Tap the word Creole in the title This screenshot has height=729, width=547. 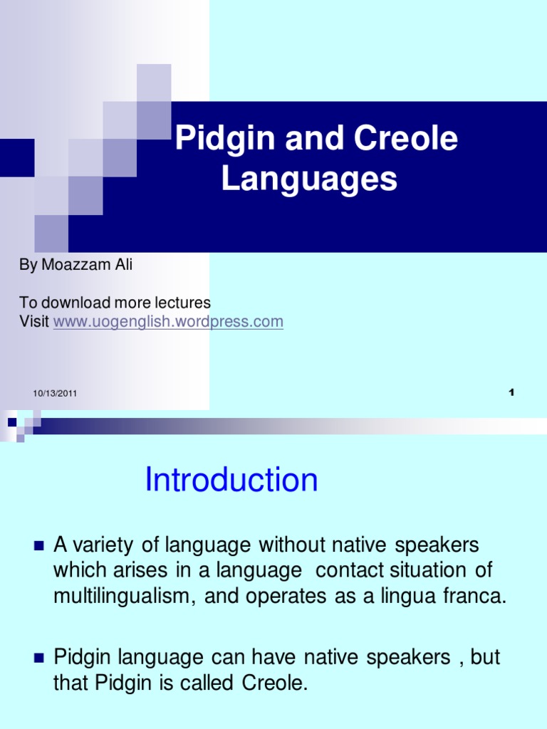(412, 138)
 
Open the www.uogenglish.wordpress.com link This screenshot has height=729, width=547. (168, 322)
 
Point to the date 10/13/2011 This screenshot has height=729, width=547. (55, 394)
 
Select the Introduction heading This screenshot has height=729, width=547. (231, 480)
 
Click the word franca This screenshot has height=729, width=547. (479, 597)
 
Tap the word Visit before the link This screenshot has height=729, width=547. (33, 322)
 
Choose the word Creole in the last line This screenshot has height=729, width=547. (273, 683)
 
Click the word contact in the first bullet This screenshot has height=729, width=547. (348, 571)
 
